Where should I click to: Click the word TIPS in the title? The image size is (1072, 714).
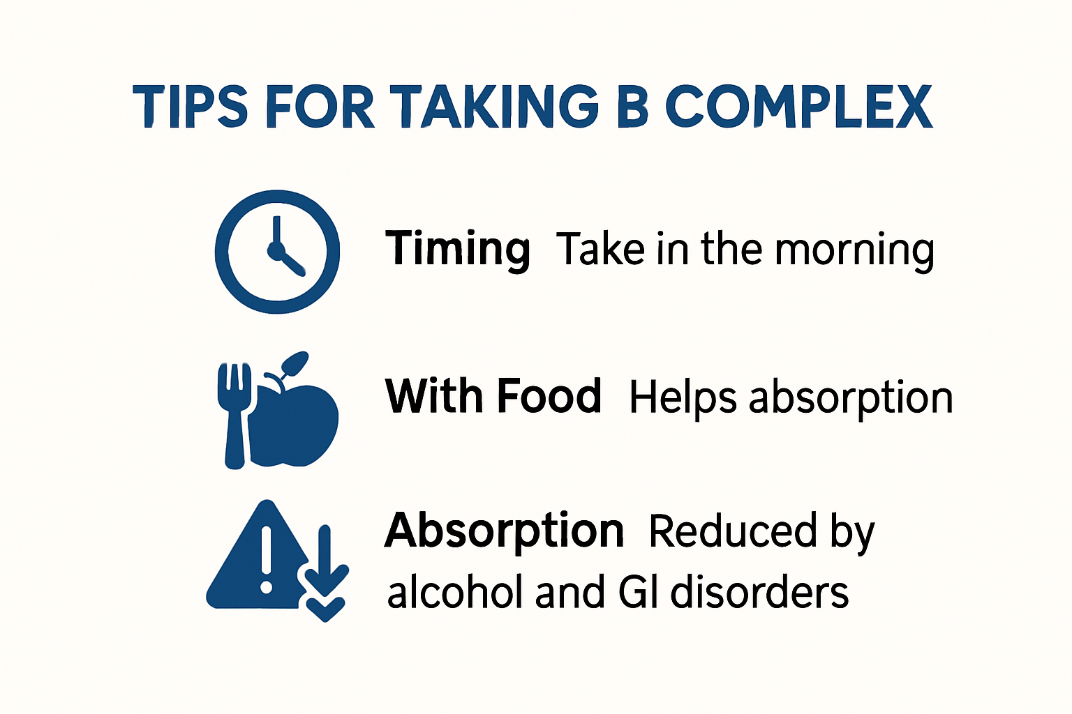[x=190, y=107]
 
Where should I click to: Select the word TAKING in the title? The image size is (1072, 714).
[x=493, y=107]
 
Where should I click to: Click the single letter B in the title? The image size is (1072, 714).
[x=632, y=107]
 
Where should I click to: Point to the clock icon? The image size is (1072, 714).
[x=277, y=251]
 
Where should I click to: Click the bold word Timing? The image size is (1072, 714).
[x=458, y=249]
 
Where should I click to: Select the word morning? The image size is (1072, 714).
[x=854, y=250]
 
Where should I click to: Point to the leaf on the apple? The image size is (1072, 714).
[x=295, y=363]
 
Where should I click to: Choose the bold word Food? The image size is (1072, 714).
[x=549, y=396]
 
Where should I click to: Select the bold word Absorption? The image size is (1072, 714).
[x=504, y=531]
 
